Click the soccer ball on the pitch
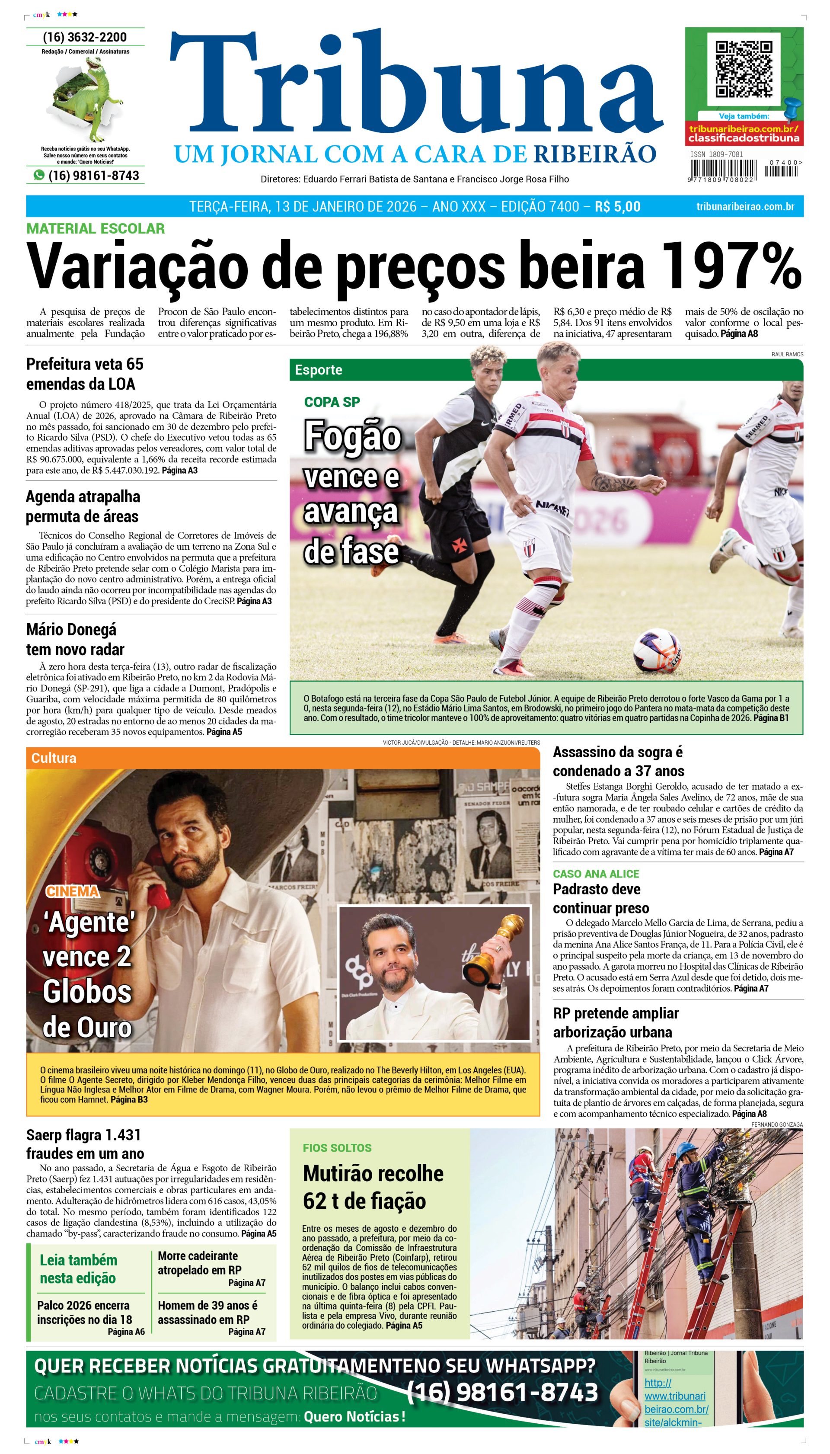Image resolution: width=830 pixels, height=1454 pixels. (657, 650)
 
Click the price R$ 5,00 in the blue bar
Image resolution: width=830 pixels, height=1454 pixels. (617, 206)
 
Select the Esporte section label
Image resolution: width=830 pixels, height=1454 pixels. (318, 369)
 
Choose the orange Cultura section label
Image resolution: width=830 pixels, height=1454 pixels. (54, 758)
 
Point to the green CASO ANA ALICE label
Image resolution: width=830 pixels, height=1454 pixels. (596, 874)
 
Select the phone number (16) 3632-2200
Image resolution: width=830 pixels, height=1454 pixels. (85, 37)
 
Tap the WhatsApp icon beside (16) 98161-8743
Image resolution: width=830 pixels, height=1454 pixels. (39, 175)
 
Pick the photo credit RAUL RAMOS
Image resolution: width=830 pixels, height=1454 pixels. (787, 354)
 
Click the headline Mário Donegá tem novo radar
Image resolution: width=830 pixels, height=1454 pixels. (75, 639)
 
